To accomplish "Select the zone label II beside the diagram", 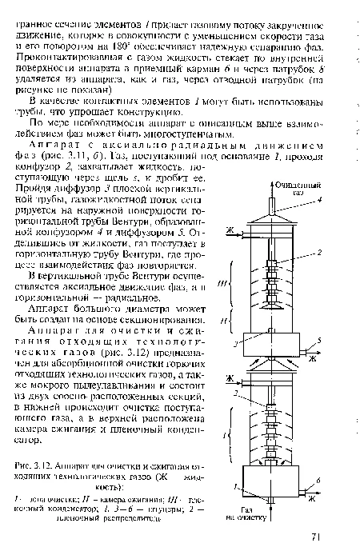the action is (x=225, y=318).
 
